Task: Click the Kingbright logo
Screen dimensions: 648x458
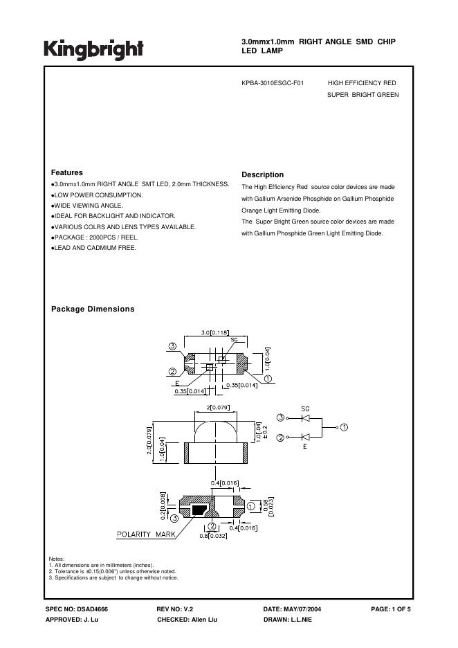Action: click(x=94, y=49)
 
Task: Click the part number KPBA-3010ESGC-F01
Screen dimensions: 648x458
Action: click(x=273, y=82)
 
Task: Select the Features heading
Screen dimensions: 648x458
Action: click(x=67, y=172)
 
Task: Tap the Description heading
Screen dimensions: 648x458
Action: click(x=263, y=175)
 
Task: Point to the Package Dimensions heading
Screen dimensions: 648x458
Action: click(x=93, y=309)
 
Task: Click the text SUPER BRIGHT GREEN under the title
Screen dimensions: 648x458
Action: click(x=363, y=95)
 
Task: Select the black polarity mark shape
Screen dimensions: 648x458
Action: click(x=199, y=510)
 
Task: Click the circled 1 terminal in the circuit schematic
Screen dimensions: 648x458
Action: click(x=344, y=427)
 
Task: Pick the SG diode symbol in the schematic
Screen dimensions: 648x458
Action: click(x=305, y=418)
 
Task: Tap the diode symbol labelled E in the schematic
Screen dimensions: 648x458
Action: click(x=305, y=437)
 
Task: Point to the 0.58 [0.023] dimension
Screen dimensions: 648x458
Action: click(x=270, y=507)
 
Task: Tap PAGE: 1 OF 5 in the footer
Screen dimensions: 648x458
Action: click(x=391, y=609)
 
